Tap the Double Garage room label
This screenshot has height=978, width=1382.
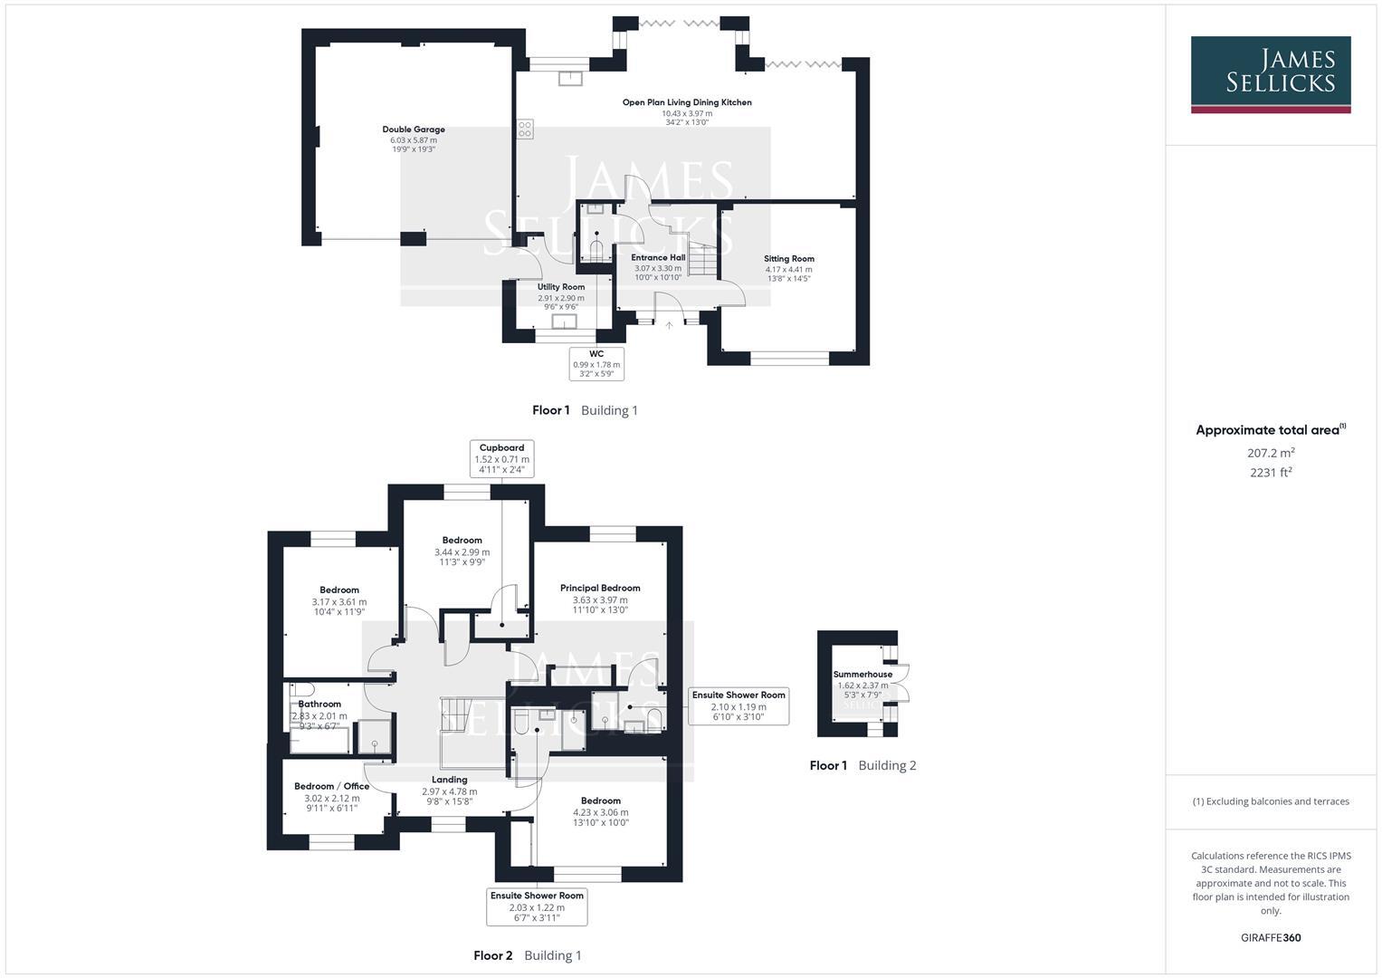tap(413, 129)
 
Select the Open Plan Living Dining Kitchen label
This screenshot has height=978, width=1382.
tap(686, 102)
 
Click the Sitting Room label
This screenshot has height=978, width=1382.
tap(788, 259)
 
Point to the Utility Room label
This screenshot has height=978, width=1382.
tap(560, 287)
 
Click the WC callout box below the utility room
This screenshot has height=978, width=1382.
tap(596, 363)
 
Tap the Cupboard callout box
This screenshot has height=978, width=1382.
tap(501, 458)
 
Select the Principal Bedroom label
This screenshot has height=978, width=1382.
tap(599, 588)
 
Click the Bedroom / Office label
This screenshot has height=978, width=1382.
tap(331, 786)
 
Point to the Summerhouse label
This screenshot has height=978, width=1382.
tap(863, 675)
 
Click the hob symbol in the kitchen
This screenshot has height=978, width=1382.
tap(525, 129)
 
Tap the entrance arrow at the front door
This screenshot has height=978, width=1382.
tap(669, 325)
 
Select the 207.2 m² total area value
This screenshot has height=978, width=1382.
tap(1270, 453)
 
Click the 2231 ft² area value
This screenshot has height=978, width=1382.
tap(1270, 472)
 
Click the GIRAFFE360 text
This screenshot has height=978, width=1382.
tap(1270, 937)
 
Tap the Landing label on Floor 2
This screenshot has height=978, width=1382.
tap(449, 780)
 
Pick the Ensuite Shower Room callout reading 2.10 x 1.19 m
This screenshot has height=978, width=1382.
tap(739, 705)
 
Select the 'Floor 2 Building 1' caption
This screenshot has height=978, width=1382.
tap(528, 955)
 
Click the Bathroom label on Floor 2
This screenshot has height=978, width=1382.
tap(319, 704)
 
